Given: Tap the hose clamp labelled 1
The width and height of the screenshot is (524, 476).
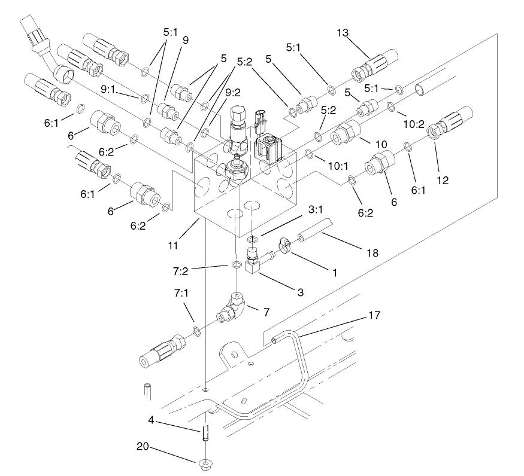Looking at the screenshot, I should tap(283, 246).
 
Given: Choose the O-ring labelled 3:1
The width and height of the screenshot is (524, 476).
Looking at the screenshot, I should tap(252, 239).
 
